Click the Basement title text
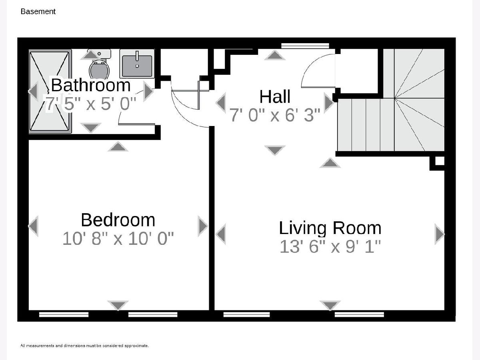click(x=38, y=11)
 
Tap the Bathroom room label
click(x=91, y=85)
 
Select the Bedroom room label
click(x=118, y=220)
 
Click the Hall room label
click(x=275, y=96)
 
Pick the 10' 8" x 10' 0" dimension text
click(x=118, y=238)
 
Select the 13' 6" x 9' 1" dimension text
click(x=330, y=246)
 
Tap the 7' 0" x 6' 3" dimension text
click(x=275, y=115)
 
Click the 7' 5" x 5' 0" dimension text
click(x=91, y=103)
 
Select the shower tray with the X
click(x=50, y=91)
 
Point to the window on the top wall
click(x=305, y=46)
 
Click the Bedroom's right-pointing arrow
click(x=202, y=226)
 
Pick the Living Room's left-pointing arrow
click(x=221, y=234)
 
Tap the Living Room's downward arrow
click(x=330, y=305)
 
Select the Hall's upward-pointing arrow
click(x=275, y=55)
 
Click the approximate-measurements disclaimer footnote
click(x=85, y=346)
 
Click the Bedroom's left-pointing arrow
click(x=34, y=226)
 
